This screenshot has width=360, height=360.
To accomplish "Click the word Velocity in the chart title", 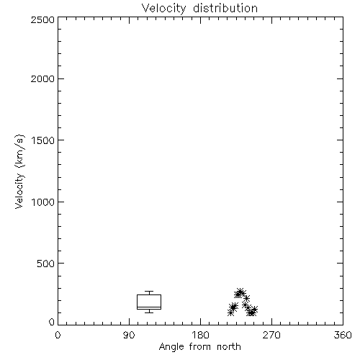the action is coord(164,9).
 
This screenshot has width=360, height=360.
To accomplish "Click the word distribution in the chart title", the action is coord(225,8).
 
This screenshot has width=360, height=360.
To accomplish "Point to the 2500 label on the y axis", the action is coord(42,19).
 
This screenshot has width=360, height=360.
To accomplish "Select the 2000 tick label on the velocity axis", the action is coord(42,78).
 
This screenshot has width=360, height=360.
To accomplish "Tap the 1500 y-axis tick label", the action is coord(43,140).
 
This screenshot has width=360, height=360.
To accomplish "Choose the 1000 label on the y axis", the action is coord(43,202).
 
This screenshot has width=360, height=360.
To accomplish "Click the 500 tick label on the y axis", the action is coord(46,264).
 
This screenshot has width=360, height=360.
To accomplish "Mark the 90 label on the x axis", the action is coord(129,335).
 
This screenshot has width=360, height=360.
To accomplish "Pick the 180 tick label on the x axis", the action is coord(200,335).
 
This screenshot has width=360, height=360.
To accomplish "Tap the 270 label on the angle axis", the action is coord(271,335).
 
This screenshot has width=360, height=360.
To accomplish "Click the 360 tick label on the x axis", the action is coord(343,335).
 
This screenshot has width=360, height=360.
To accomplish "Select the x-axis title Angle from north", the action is coord(200,347).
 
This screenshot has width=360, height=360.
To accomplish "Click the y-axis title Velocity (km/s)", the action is coord(19,171).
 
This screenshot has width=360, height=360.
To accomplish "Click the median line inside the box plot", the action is coord(149,307).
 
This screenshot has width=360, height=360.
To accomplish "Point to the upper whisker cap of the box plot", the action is coord(149,292).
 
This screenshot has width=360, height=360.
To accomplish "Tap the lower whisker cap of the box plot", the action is coord(149,312).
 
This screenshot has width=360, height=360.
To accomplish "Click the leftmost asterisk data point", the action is coord(230,312).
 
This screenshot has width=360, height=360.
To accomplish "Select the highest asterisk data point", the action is coord(240,292).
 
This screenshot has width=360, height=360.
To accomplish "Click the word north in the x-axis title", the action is coord(229,346).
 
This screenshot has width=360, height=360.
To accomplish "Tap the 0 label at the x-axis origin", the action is coord(58,335).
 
